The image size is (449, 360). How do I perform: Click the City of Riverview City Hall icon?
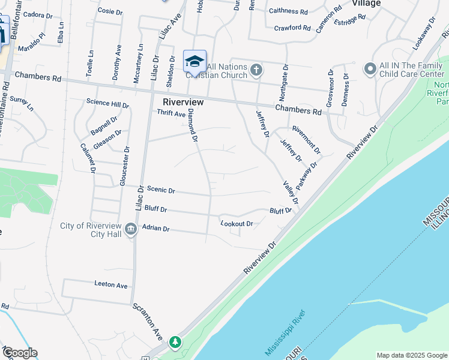(x=130, y=229)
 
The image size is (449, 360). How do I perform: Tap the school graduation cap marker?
(x=194, y=61)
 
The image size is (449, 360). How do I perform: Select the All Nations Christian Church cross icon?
(x=256, y=70)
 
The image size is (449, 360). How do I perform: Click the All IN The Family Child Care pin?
(x=370, y=70)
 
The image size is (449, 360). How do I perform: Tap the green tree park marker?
(x=175, y=342)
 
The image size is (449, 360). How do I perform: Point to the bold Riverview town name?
(x=183, y=102)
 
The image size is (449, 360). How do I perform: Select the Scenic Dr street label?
(x=160, y=190)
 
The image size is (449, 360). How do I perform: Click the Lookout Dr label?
(x=237, y=224)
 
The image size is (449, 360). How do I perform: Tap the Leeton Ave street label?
(x=111, y=284)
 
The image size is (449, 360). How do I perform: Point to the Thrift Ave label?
(x=171, y=113)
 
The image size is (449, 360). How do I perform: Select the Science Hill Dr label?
(x=107, y=104)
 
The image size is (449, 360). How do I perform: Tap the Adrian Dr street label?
(x=156, y=229)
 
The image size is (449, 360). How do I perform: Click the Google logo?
(x=20, y=353)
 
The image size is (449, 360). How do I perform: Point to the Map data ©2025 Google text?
(x=411, y=355)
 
